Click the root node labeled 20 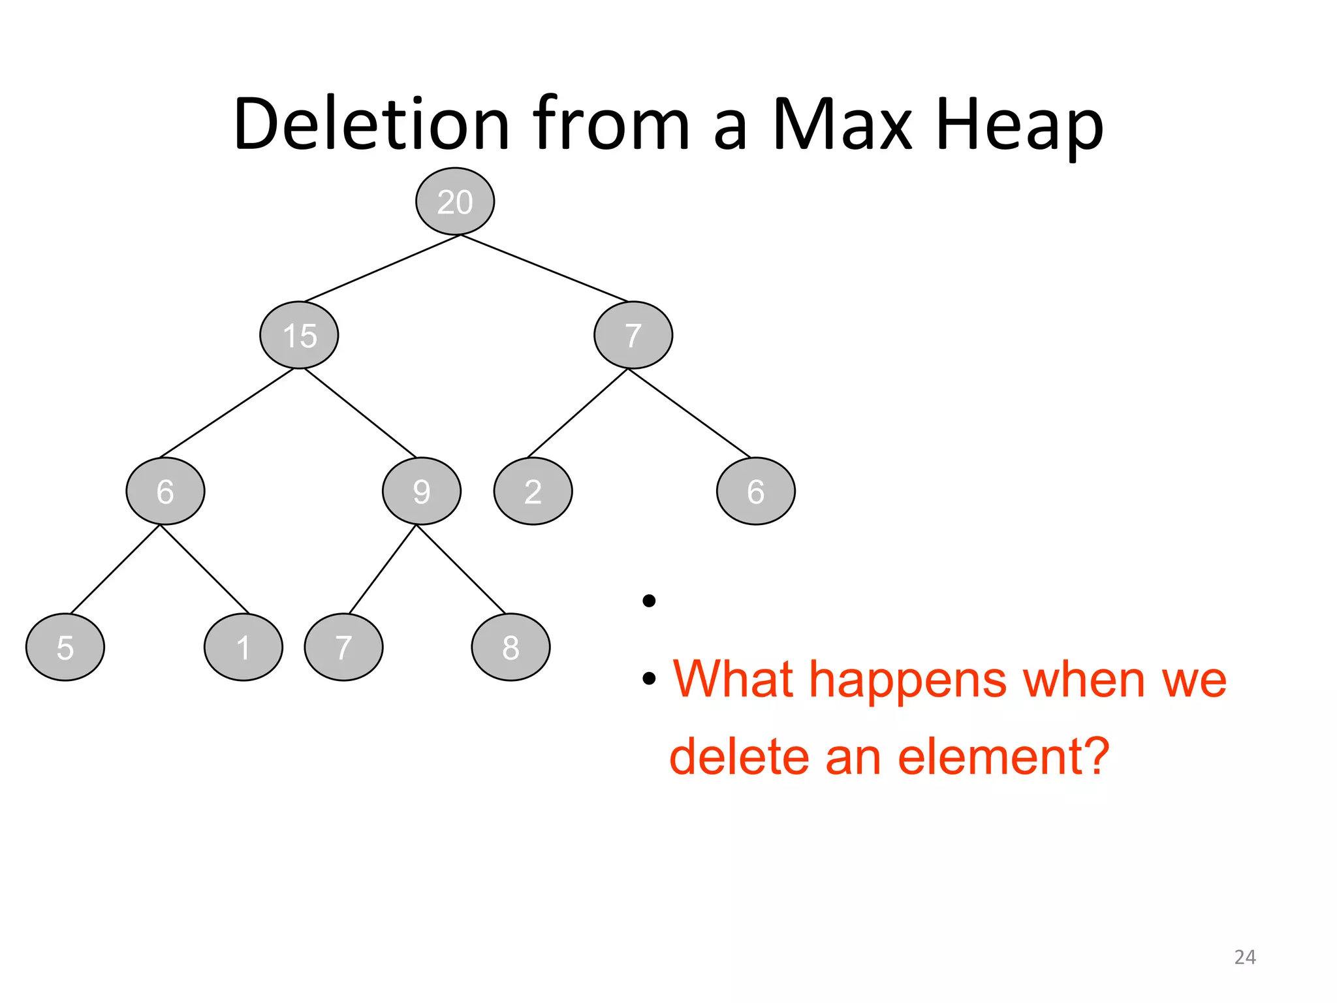455,201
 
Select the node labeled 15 299,335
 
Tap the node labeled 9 422,491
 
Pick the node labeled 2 533,491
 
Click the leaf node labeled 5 65,647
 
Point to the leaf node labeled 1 244,647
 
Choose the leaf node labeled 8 511,647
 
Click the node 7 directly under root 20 633,335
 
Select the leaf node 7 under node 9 344,647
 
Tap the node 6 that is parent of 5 165,491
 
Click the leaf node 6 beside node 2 756,491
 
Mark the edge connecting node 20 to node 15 382,268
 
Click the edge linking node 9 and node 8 461,569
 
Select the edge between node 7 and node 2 577,413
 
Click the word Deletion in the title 371,124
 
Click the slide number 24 1245,957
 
